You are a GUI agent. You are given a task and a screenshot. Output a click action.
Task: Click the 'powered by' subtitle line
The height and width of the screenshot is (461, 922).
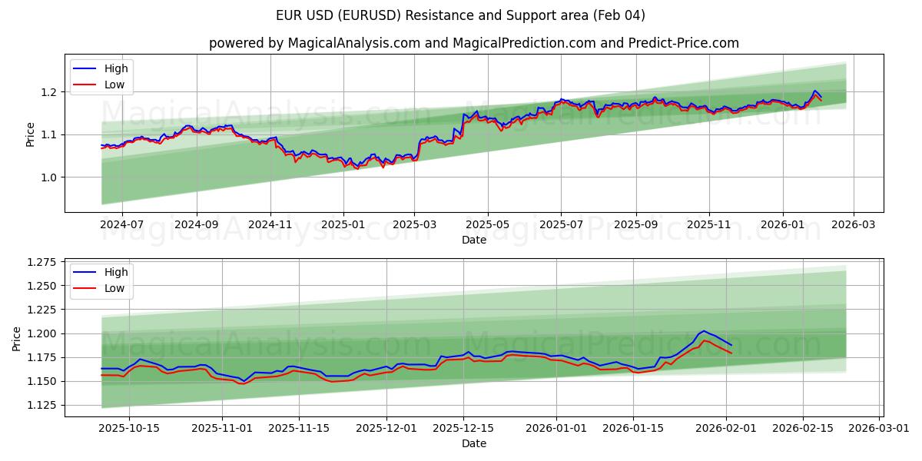(x=473, y=43)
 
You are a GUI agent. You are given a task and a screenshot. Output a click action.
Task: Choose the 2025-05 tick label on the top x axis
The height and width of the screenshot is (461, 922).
(x=488, y=225)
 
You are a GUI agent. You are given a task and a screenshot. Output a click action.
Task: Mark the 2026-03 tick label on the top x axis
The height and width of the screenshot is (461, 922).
(x=854, y=225)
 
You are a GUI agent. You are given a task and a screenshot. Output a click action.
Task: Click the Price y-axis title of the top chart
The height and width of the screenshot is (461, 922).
(x=31, y=134)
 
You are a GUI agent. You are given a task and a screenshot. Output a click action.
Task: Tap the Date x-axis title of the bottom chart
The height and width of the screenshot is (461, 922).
(x=473, y=444)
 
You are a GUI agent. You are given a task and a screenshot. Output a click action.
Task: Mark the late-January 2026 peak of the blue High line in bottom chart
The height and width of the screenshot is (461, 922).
(x=704, y=331)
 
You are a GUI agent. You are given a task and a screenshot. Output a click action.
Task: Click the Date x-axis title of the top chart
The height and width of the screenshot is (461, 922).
(x=473, y=240)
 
